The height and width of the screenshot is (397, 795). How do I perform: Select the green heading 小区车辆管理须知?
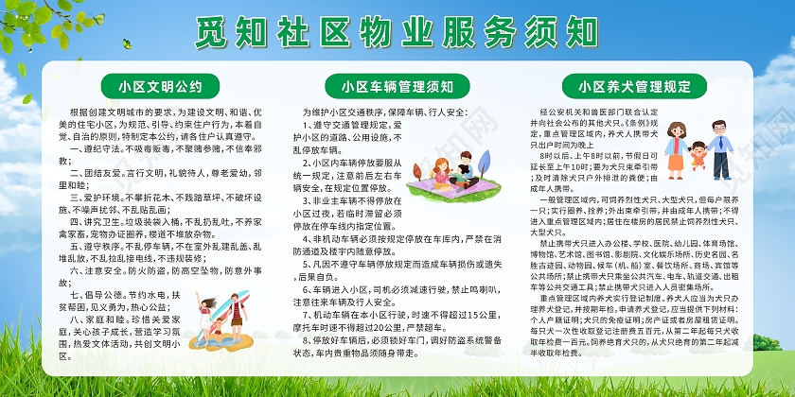pos(397,87)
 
